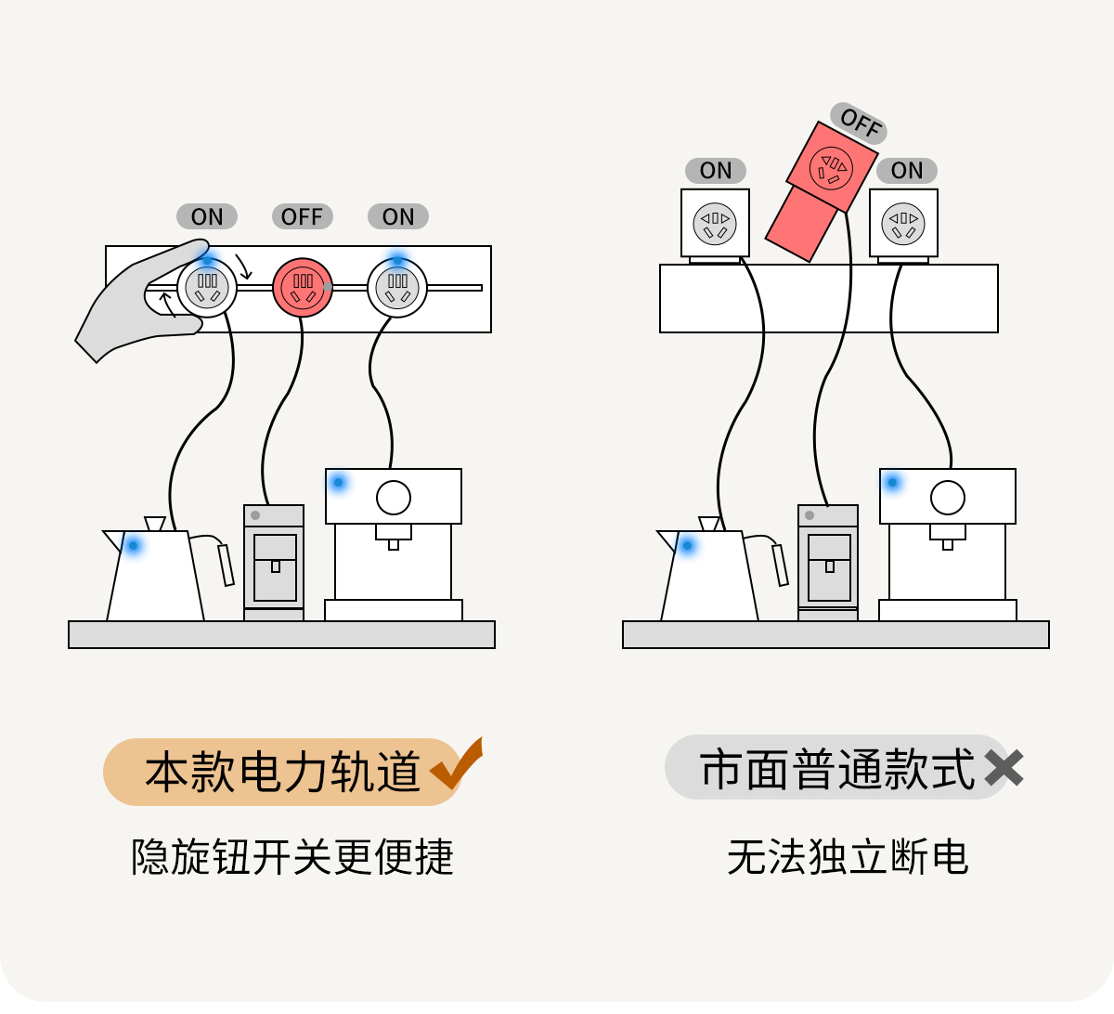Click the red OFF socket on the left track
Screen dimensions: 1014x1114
tap(303, 288)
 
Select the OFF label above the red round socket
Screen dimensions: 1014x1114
tap(302, 216)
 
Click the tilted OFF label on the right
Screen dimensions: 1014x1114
tap(859, 122)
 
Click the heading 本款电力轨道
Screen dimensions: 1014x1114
tap(282, 772)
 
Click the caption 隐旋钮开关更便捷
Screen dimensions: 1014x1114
tap(292, 857)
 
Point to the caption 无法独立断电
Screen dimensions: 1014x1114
tap(848, 857)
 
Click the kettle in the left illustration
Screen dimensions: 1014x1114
tap(156, 576)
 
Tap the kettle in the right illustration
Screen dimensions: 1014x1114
tap(710, 576)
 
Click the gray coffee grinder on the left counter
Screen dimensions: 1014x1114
tap(274, 563)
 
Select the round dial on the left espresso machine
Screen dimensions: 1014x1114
tap(394, 498)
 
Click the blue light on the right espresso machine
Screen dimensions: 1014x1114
tap(893, 483)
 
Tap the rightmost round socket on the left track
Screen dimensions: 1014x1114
tap(397, 288)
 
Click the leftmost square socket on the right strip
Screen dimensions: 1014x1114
tap(715, 223)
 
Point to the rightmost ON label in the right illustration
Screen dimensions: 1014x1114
tap(907, 171)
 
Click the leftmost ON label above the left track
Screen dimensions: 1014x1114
tap(207, 216)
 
